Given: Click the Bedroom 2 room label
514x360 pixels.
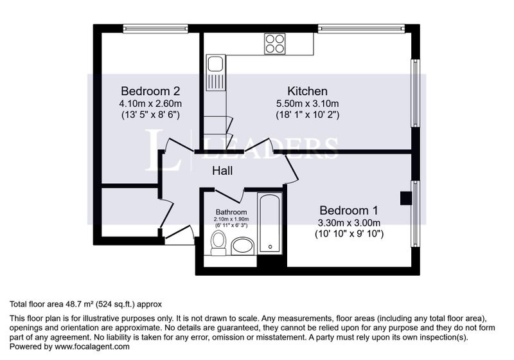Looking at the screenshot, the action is [150, 91].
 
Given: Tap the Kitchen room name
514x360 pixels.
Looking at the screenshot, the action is [308, 91].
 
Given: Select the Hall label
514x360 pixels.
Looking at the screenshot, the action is [222, 170].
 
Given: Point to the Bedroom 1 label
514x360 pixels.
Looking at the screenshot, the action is [349, 210].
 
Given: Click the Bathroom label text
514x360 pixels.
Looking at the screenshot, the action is [231, 212].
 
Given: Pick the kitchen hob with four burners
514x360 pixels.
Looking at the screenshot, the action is [275, 44].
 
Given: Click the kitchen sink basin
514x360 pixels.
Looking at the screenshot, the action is [215, 64].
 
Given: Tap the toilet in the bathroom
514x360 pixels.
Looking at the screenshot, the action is [218, 242].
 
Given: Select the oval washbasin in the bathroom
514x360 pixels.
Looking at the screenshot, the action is [243, 247].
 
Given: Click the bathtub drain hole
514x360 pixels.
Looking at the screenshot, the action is [270, 247].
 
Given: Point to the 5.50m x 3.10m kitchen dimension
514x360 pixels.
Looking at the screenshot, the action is [308, 104].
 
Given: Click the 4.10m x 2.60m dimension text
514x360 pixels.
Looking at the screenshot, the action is [150, 104].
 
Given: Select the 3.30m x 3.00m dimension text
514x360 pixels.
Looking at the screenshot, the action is [349, 223].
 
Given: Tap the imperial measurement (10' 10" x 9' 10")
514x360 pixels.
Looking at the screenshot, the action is [349, 234].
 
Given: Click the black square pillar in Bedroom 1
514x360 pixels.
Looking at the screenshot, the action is [406, 199].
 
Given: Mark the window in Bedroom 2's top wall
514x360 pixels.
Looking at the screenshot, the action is [155, 29].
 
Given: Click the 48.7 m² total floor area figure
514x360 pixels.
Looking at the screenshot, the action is [78, 304].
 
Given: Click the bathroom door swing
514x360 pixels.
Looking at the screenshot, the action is [229, 195].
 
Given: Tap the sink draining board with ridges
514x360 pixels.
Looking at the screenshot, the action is [215, 82].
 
